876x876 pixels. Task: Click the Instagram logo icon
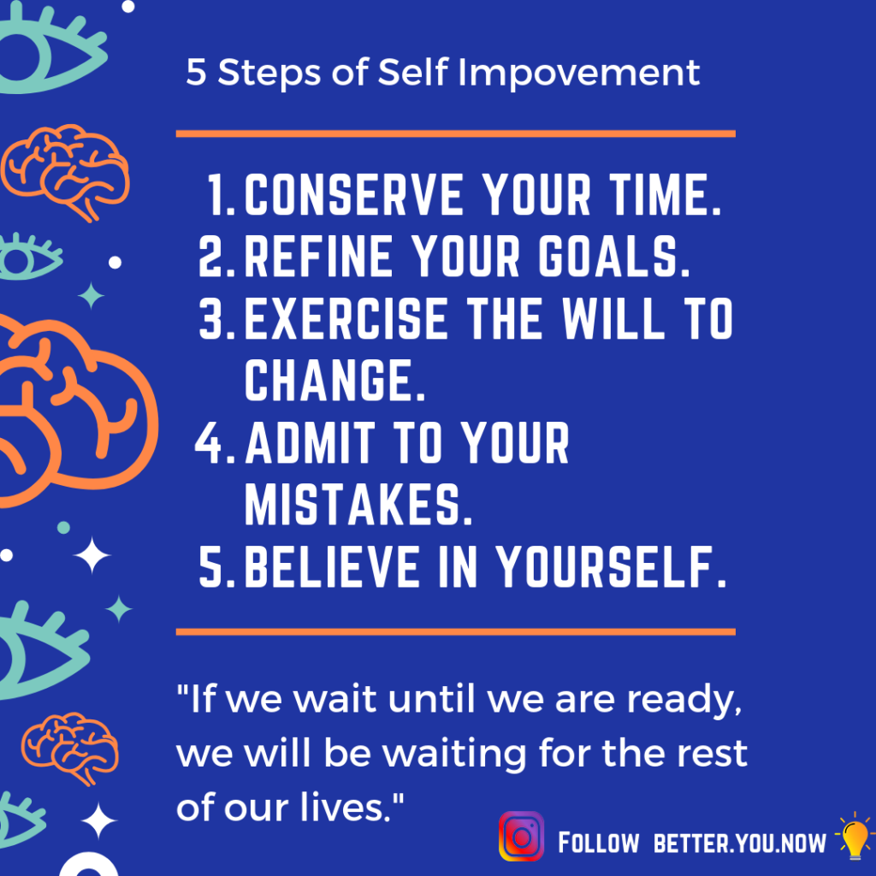pyautogui.click(x=521, y=837)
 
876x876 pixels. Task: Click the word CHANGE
pyautogui.click(x=334, y=380)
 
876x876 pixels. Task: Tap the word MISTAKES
pyautogui.click(x=358, y=505)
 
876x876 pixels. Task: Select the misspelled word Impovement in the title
pyautogui.click(x=579, y=74)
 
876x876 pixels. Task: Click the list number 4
pyautogui.click(x=215, y=444)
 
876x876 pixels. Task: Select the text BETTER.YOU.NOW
pyautogui.click(x=740, y=843)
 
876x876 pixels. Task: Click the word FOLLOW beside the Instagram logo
pyautogui.click(x=598, y=843)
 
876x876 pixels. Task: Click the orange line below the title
pyautogui.click(x=455, y=133)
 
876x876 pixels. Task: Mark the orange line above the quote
pyautogui.click(x=455, y=632)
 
